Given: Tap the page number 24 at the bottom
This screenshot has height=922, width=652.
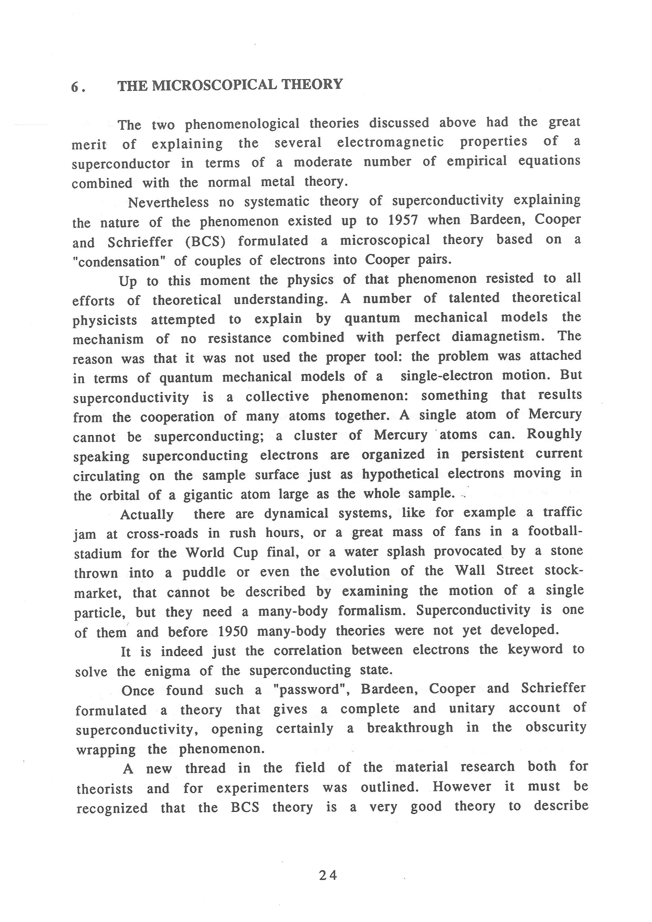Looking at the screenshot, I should tap(328, 875).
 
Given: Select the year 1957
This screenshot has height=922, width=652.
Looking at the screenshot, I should tap(403, 220).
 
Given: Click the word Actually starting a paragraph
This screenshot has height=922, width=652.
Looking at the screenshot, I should tap(147, 514).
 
